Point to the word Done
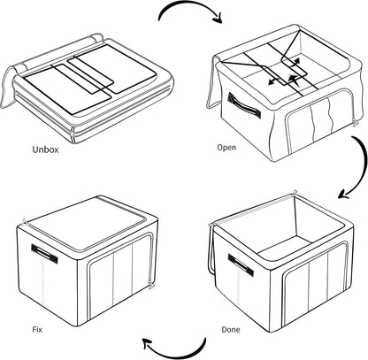click(229, 329)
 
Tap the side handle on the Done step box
click(241, 263)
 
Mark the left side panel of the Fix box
click(44, 265)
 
